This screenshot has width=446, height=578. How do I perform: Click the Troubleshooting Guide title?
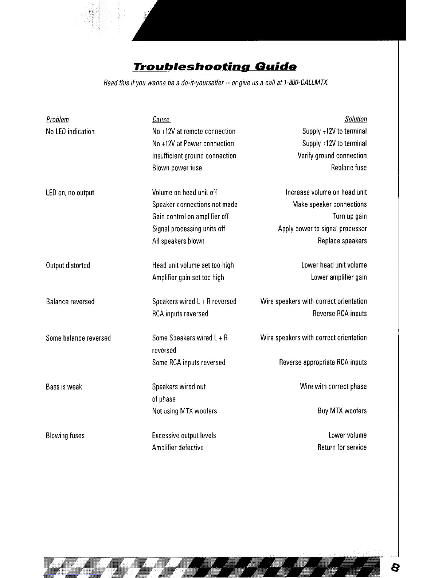click(x=215, y=67)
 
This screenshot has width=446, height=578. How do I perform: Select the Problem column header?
click(x=57, y=120)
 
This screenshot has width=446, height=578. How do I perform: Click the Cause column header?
click(x=161, y=120)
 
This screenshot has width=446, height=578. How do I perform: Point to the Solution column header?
click(x=356, y=119)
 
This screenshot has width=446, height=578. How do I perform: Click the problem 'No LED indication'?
click(x=70, y=132)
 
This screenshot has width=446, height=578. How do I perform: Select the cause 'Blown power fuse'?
click(x=177, y=168)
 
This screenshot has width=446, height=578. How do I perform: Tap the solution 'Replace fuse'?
click(x=349, y=168)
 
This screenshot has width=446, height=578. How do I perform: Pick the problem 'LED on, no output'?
click(x=70, y=193)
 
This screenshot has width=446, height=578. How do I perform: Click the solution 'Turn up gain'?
click(x=350, y=216)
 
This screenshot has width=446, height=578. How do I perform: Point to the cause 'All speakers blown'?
click(x=178, y=241)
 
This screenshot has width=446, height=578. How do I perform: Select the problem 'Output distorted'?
click(x=68, y=266)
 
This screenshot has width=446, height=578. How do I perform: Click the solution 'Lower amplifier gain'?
click(x=339, y=277)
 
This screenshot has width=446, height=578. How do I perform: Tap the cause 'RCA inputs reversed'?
click(x=180, y=314)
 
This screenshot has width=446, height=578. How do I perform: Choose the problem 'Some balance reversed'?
click(x=78, y=338)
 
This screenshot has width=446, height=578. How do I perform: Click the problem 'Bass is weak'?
click(x=64, y=387)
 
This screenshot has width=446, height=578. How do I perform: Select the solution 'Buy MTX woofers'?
click(x=342, y=411)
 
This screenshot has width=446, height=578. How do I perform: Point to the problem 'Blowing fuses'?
click(x=65, y=436)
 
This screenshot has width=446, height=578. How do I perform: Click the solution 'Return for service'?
click(x=342, y=447)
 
